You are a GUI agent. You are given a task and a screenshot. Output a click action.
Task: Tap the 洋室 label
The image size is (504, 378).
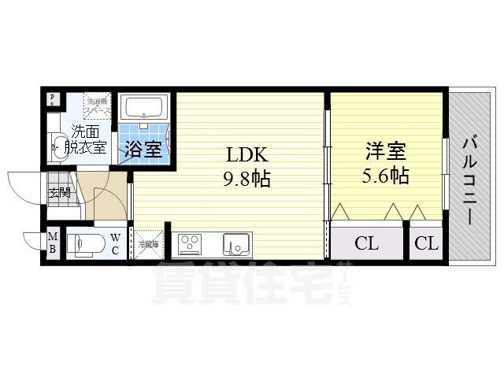pyautogui.click(x=384, y=150)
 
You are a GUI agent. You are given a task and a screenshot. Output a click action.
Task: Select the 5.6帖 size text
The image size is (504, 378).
pyautogui.click(x=385, y=175)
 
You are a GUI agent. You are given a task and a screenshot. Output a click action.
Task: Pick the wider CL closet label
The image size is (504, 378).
pyautogui.click(x=366, y=243)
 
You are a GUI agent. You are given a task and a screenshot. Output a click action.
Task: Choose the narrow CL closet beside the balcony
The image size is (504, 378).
pyautogui.click(x=426, y=243)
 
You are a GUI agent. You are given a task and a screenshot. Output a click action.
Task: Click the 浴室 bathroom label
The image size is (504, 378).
pyautogui.click(x=145, y=150)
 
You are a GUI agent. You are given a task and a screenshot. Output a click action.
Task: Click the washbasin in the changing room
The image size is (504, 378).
pyautogui.click(x=58, y=144)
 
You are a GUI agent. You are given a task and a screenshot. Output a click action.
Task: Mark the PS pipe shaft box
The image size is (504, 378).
pyautogui.click(x=52, y=99)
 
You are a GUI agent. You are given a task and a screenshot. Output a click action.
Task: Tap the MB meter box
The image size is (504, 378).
pyautogui.click(x=52, y=243)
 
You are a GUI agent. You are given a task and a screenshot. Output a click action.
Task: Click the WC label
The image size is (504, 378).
pyautogui.click(x=114, y=243)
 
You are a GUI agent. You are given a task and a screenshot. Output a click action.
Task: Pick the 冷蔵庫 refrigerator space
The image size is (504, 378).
pyautogui.click(x=148, y=243)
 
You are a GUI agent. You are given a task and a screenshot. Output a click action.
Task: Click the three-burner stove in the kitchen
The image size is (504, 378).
pyautogui.click(x=191, y=244)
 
